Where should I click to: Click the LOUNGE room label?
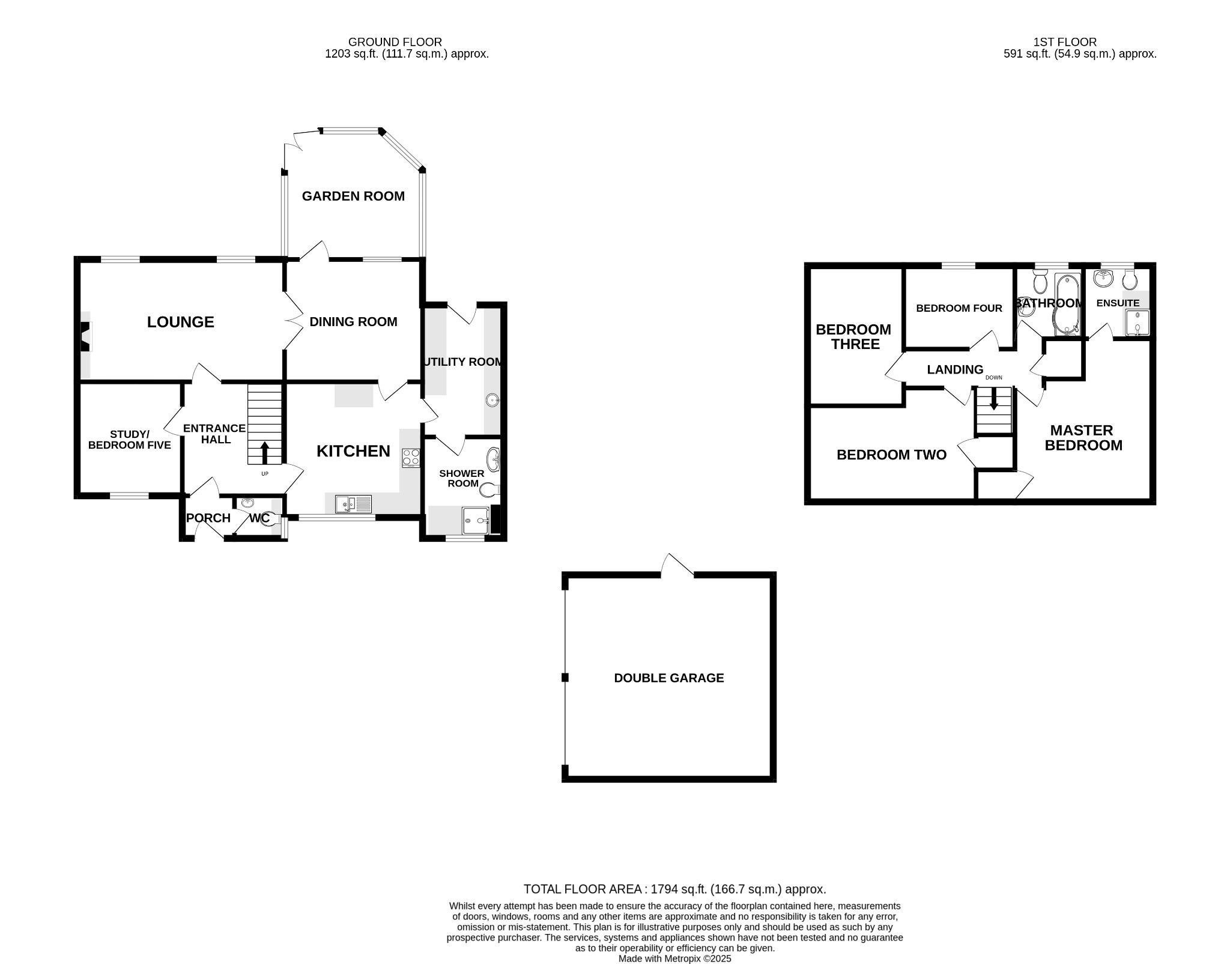point(180,322)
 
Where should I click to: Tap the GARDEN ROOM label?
point(353,196)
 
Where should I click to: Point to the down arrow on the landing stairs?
point(993,399)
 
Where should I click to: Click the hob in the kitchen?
point(411,457)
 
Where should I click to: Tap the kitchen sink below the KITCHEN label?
point(354,504)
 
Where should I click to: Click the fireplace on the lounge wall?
point(86,336)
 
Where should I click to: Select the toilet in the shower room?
point(490,490)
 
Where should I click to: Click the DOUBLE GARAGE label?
point(668,678)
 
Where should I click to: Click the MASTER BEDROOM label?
point(1083,438)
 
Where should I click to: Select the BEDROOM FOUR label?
point(959,308)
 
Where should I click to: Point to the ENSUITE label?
point(1117,303)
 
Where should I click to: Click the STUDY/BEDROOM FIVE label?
point(129,440)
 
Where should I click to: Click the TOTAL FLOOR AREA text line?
point(674,889)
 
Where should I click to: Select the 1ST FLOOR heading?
point(1064,42)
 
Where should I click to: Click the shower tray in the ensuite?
point(1137,323)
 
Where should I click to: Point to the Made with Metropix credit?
point(674,959)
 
